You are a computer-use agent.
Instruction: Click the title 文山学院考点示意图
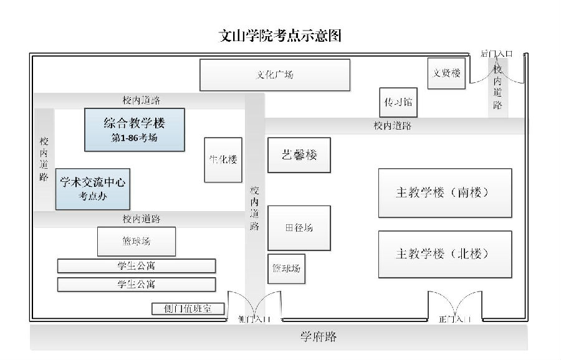click(x=280, y=35)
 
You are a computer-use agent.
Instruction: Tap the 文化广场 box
click(x=274, y=75)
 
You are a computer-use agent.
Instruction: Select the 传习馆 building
click(x=398, y=102)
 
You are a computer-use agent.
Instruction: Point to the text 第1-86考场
click(x=135, y=138)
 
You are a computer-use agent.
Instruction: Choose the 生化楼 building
click(x=223, y=159)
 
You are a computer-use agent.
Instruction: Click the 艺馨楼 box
click(x=299, y=155)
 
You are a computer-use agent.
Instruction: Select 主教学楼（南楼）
click(x=444, y=192)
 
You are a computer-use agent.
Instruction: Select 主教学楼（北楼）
click(x=444, y=254)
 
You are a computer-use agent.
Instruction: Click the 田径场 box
click(x=299, y=228)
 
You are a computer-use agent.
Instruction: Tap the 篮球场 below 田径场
click(x=286, y=268)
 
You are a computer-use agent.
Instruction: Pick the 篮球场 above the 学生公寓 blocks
click(x=136, y=241)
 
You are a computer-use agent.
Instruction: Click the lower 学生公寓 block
click(x=136, y=285)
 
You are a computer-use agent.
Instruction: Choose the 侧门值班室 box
click(x=188, y=308)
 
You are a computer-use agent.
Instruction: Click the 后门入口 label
click(x=496, y=54)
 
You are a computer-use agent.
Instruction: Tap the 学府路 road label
click(x=319, y=337)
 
